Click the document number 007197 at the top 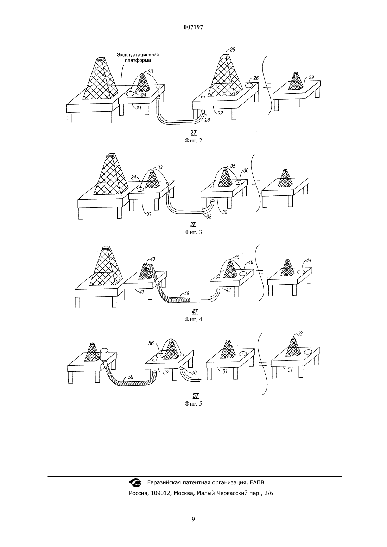tap(193, 27)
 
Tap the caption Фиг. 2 tap(193, 140)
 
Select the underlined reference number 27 tap(193, 133)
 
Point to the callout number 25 tap(232, 50)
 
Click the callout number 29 tap(311, 77)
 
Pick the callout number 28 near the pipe tap(207, 120)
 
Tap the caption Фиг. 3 tap(193, 232)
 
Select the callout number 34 tap(133, 178)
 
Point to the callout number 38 tap(209, 216)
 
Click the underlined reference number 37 tap(193, 224)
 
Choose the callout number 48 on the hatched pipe tap(187, 294)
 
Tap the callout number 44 tap(309, 260)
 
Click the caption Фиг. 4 tap(193, 319)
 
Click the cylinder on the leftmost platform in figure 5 tap(104, 354)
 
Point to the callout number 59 tap(131, 377)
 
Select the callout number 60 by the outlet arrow tap(194, 373)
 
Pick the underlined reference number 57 tap(196, 395)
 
